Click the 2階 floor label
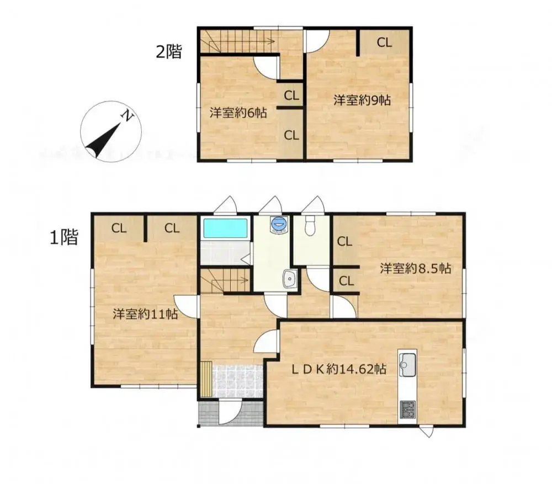[168, 52]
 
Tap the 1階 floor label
[64, 237]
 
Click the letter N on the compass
[128, 116]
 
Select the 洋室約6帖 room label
[238, 113]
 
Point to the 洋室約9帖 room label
[362, 100]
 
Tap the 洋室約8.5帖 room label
[415, 269]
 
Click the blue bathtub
[225, 228]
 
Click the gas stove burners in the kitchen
[407, 409]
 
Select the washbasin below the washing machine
[289, 279]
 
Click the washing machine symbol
[279, 224]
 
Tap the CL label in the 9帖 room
[384, 42]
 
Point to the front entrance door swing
[231, 413]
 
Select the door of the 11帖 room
[187, 306]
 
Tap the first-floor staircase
[224, 280]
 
